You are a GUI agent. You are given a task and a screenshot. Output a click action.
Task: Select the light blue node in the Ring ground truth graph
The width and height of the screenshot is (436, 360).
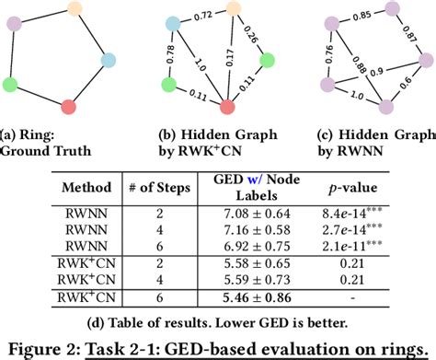(109, 58)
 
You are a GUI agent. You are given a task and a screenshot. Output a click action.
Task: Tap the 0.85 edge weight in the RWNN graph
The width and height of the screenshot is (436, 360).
(368, 16)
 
